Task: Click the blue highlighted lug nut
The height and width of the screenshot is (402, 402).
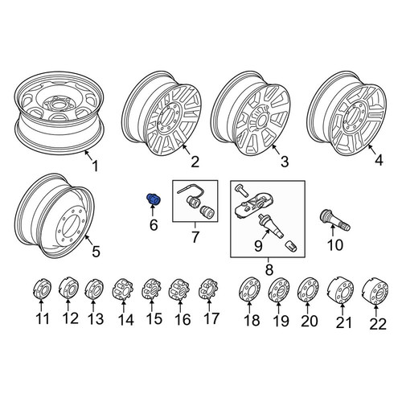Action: click(153, 199)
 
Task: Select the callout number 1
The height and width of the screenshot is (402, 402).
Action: click(96, 166)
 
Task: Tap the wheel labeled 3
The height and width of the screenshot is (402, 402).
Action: click(251, 117)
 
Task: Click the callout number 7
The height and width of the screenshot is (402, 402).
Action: click(195, 236)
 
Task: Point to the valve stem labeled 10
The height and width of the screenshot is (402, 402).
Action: click(335, 220)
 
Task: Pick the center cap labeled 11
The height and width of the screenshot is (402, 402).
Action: click(43, 289)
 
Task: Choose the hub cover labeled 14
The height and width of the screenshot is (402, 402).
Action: click(123, 289)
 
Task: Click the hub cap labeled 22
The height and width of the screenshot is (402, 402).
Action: click(375, 292)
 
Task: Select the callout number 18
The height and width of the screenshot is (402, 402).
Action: click(252, 321)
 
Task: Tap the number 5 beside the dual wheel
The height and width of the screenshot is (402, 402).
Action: click(96, 252)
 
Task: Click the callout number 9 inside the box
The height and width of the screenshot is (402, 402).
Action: click(258, 246)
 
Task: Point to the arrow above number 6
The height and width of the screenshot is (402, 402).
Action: click(152, 211)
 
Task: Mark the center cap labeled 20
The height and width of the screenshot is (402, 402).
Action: click(308, 289)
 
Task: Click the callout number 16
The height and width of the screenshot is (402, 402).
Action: click(183, 319)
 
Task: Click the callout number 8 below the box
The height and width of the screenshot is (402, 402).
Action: click(269, 269)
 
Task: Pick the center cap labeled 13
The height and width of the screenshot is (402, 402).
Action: click(94, 289)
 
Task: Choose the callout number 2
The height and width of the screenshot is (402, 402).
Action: click(195, 162)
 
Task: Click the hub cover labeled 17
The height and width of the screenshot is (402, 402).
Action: click(208, 289)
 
